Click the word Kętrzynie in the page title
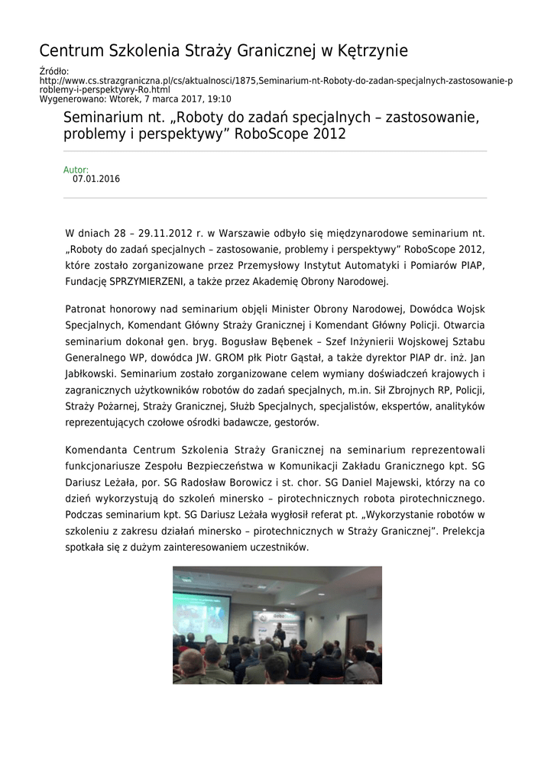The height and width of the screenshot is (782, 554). (x=370, y=51)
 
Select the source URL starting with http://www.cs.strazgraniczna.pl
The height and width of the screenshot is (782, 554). (x=276, y=80)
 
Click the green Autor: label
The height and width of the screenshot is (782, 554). (x=76, y=170)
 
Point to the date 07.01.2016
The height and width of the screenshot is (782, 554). (x=96, y=179)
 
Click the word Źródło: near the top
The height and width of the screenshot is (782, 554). (x=54, y=71)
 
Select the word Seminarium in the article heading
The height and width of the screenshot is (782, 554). (x=99, y=118)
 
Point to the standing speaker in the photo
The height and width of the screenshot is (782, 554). (x=280, y=633)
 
